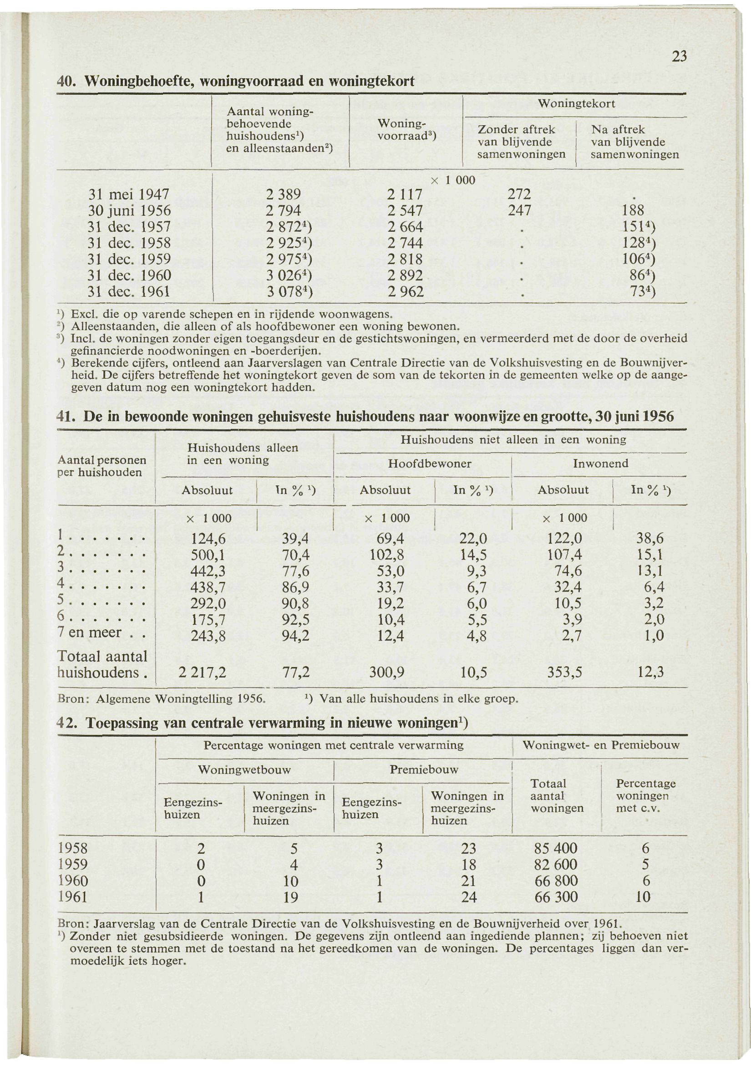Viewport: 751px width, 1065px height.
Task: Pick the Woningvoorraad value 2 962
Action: (405, 292)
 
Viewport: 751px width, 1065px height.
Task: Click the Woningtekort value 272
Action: (519, 194)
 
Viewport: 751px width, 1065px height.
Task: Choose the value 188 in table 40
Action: (634, 211)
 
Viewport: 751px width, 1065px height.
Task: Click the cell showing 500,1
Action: (208, 555)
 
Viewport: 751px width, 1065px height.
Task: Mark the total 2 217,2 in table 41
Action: (202, 672)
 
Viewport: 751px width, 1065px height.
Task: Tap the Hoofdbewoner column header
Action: (429, 464)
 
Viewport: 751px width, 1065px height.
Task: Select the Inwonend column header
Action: (600, 464)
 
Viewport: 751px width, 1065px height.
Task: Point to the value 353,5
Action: (565, 672)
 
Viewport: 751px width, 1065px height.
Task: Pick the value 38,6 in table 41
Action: (650, 539)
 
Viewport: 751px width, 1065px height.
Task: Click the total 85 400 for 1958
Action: (556, 848)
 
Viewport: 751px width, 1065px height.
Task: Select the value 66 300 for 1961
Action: (556, 897)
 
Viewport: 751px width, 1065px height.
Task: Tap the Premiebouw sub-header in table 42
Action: (424, 769)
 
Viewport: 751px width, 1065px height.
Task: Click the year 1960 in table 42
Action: (72, 881)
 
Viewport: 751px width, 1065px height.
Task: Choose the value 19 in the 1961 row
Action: (290, 897)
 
